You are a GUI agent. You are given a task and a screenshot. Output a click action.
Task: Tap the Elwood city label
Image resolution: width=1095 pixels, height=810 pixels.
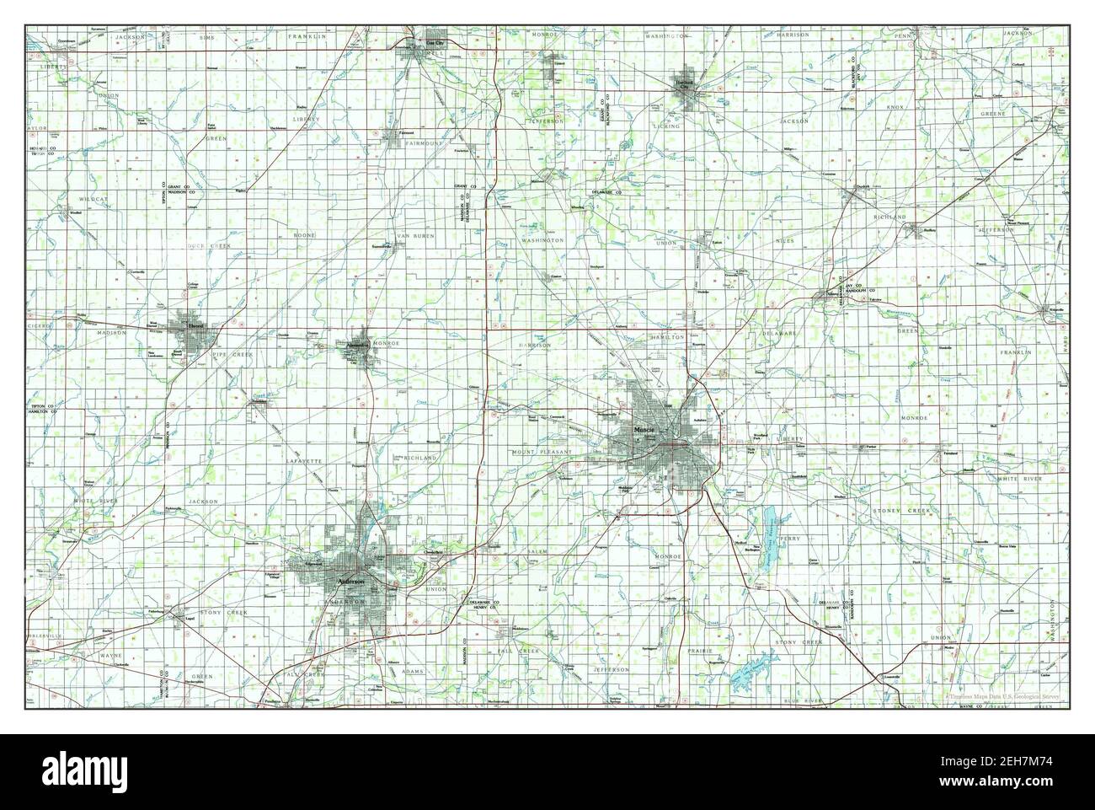(184, 325)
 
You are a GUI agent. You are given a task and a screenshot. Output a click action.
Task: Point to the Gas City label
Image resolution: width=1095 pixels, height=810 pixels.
(413, 41)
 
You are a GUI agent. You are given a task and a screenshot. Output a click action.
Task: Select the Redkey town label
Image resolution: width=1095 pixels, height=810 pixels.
(930, 229)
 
